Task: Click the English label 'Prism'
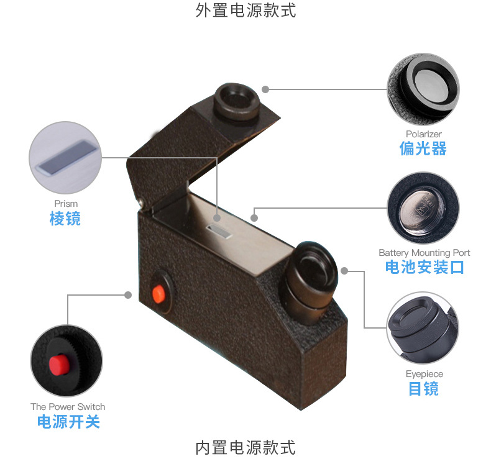66,204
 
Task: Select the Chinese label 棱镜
65,219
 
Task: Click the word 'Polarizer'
424,134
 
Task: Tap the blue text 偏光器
423,148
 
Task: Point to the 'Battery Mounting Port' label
424,253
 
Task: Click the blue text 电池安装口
424,268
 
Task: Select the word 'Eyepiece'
424,374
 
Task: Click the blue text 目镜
424,389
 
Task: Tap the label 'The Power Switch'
68,407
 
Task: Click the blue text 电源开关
68,422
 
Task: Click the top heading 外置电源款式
245,11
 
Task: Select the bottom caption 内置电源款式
245,447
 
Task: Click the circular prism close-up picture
65,159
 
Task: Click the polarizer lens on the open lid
237,99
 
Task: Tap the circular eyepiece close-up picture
423,328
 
